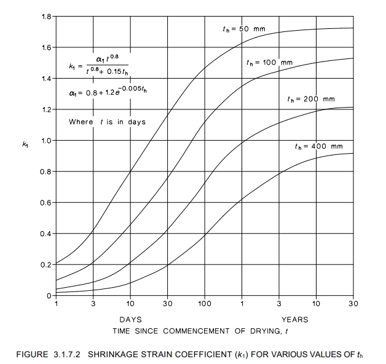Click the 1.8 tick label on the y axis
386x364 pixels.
click(x=45, y=17)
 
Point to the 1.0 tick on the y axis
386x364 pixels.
click(x=45, y=141)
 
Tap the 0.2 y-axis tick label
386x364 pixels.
click(x=45, y=265)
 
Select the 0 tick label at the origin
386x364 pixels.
click(x=49, y=296)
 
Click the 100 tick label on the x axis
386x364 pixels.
click(x=205, y=304)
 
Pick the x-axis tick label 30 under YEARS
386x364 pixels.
click(x=353, y=304)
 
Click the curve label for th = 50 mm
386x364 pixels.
click(x=243, y=28)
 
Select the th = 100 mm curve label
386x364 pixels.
click(x=269, y=63)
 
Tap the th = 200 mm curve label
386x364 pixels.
click(x=311, y=99)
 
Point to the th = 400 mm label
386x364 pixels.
click(x=318, y=146)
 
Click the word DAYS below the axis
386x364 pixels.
click(x=130, y=320)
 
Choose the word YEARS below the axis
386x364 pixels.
click(x=295, y=320)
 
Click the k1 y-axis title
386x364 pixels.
click(x=25, y=144)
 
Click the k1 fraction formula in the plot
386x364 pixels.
click(x=98, y=66)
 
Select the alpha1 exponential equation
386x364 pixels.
click(x=108, y=92)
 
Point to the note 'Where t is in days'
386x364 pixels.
click(x=107, y=122)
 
